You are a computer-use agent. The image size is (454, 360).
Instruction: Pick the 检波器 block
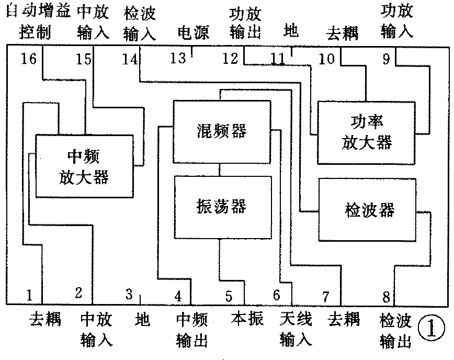pos(369,210)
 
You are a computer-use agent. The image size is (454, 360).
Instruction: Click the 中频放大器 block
pos(84,166)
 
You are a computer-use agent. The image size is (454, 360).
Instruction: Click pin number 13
pos(178,58)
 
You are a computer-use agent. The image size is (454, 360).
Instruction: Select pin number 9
pos(386,59)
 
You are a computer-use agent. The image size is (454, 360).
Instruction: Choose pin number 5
pos(229,296)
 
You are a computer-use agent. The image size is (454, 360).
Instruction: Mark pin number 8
pos(386,297)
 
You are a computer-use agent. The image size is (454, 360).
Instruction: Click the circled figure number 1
pos(431,328)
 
